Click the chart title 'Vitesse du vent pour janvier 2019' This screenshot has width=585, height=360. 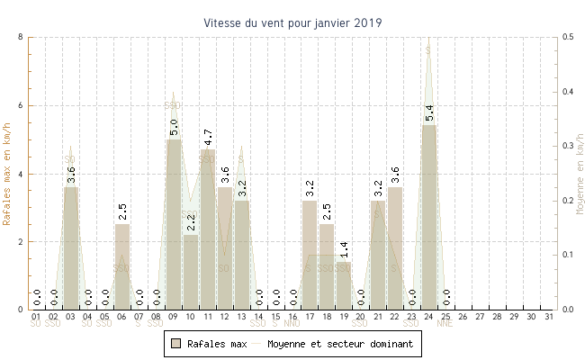[292, 22]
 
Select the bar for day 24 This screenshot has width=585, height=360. [429, 217]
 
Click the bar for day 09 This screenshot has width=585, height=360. [174, 224]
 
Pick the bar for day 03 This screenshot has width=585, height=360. [71, 248]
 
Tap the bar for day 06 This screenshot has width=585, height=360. [122, 266]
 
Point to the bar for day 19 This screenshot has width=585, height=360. [344, 285]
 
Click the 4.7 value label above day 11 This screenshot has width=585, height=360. [208, 138]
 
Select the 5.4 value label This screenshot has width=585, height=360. [429, 113]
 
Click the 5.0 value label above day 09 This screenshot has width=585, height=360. [174, 127]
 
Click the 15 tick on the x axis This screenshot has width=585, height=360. [275, 317]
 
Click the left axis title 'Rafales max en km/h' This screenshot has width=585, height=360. [8, 173]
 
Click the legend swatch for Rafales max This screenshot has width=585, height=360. [175, 344]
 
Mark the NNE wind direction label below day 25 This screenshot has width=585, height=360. [445, 324]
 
